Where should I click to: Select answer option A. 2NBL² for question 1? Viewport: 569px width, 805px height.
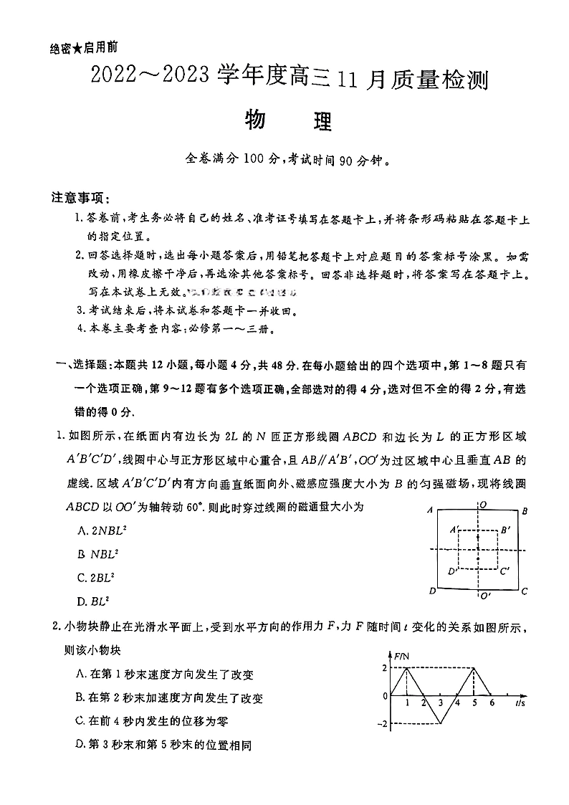101,531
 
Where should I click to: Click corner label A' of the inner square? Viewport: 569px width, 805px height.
454,529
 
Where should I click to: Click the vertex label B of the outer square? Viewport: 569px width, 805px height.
525,511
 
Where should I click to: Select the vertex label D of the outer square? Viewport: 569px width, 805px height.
431,591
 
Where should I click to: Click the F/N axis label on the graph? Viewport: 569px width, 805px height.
401,655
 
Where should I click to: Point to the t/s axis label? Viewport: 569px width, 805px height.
521,705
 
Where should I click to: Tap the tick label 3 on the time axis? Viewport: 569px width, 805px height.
441,703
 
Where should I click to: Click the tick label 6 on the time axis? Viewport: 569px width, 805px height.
491,703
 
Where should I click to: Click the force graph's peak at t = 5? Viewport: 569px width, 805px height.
474,668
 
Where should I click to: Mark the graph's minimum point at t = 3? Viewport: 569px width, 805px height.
441,723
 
